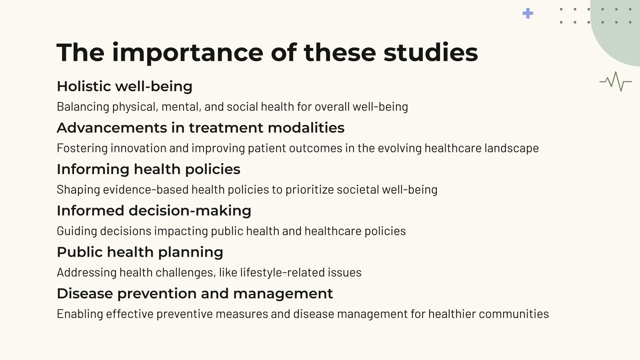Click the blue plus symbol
pos(528,13)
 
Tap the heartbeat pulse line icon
pos(615,82)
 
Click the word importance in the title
pos(187,52)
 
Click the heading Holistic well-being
pos(124,86)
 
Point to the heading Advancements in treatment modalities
pos(200,128)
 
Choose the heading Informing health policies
pos(148,169)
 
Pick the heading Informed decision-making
pos(154,211)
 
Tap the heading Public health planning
pos(140,252)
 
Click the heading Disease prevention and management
pos(195,294)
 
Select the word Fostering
pos(82,148)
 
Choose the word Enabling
pos(80,314)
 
